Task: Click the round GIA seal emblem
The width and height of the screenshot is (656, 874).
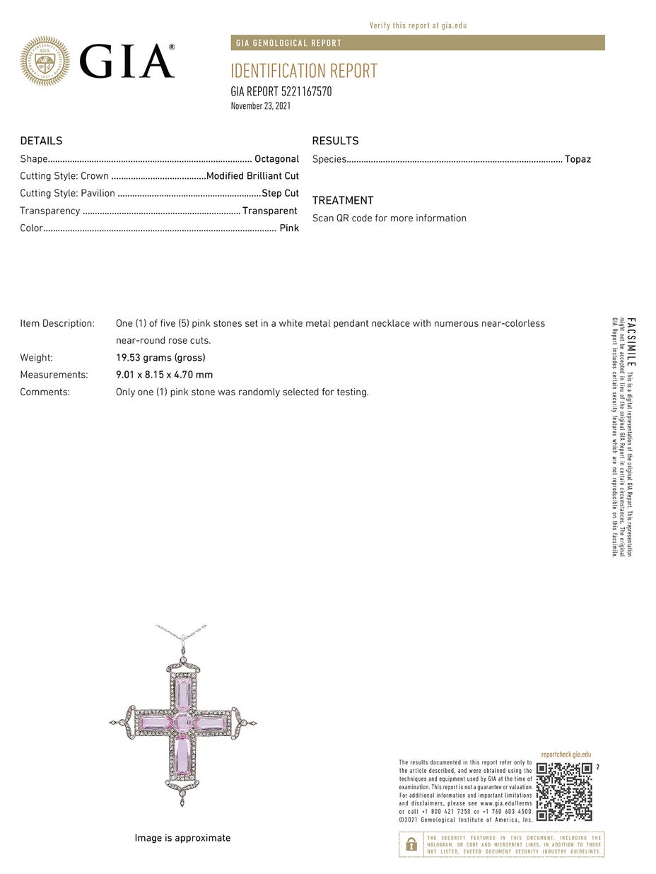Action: coord(45,62)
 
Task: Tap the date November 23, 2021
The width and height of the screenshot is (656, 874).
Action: coord(261,106)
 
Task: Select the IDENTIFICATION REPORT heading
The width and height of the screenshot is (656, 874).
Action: coord(304,71)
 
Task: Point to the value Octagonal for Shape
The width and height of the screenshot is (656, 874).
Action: coord(276,159)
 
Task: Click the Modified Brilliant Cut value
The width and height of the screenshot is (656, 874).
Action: coord(252,176)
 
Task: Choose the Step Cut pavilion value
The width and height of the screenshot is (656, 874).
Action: coord(280,193)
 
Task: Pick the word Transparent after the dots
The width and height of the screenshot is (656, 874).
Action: coord(269,211)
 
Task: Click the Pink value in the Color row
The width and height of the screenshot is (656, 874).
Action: coord(289,228)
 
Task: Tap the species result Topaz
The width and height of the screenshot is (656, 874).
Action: coord(578,159)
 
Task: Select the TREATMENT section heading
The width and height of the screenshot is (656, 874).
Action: coord(343,200)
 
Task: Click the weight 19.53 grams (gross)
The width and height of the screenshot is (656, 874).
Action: coord(160,358)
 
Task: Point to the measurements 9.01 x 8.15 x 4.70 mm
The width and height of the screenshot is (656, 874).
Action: coord(164,375)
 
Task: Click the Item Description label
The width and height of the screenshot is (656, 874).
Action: coord(57,323)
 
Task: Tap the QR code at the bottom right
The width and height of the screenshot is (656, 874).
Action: coord(564,791)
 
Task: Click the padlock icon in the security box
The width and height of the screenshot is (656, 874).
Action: coord(411,844)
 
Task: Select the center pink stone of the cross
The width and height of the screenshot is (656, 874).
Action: coord(183,723)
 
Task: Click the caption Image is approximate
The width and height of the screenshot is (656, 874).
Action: coord(182,838)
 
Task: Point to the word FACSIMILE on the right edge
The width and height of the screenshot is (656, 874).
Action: coord(631,342)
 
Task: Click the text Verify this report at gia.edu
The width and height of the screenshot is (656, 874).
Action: coord(418,25)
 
